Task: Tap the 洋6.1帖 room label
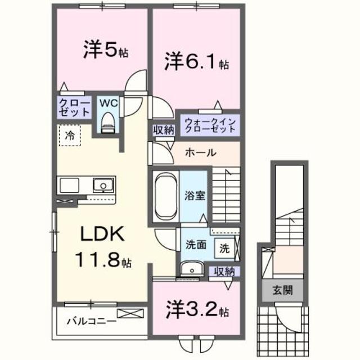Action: [x=196, y=62]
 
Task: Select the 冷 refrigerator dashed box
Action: [x=70, y=136]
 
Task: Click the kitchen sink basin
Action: [x=103, y=185]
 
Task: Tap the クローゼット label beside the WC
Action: [x=75, y=107]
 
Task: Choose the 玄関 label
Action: [x=279, y=291]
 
